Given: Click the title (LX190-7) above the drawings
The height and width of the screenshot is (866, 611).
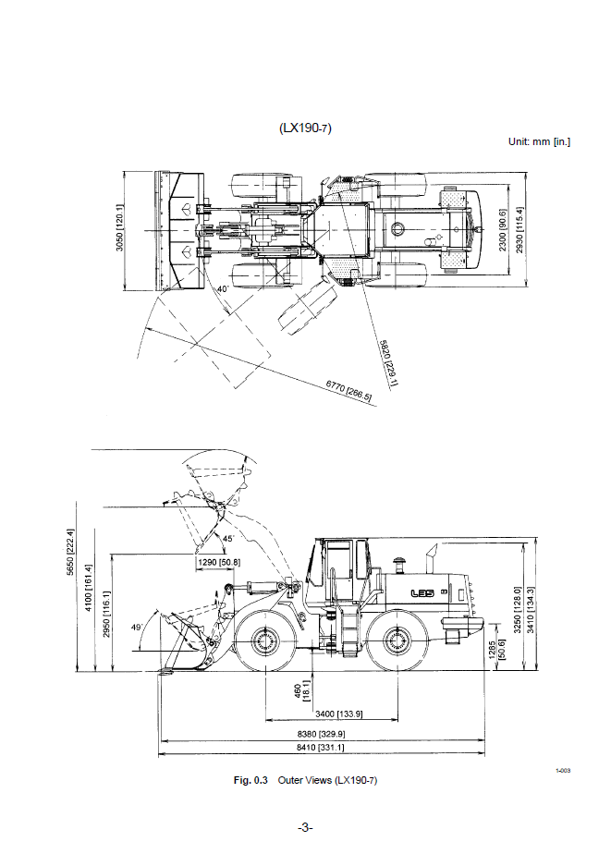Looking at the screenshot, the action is point(305,128).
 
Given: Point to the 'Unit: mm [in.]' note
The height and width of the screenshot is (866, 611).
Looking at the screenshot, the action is point(539,142).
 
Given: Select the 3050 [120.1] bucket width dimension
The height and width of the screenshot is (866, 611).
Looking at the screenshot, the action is point(120,228).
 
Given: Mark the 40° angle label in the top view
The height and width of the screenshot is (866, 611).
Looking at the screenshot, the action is point(223,289).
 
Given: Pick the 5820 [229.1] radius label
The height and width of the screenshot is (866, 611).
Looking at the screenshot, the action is point(389,363).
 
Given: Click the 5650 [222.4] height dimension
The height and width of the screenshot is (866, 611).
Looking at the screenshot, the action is point(70,552).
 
